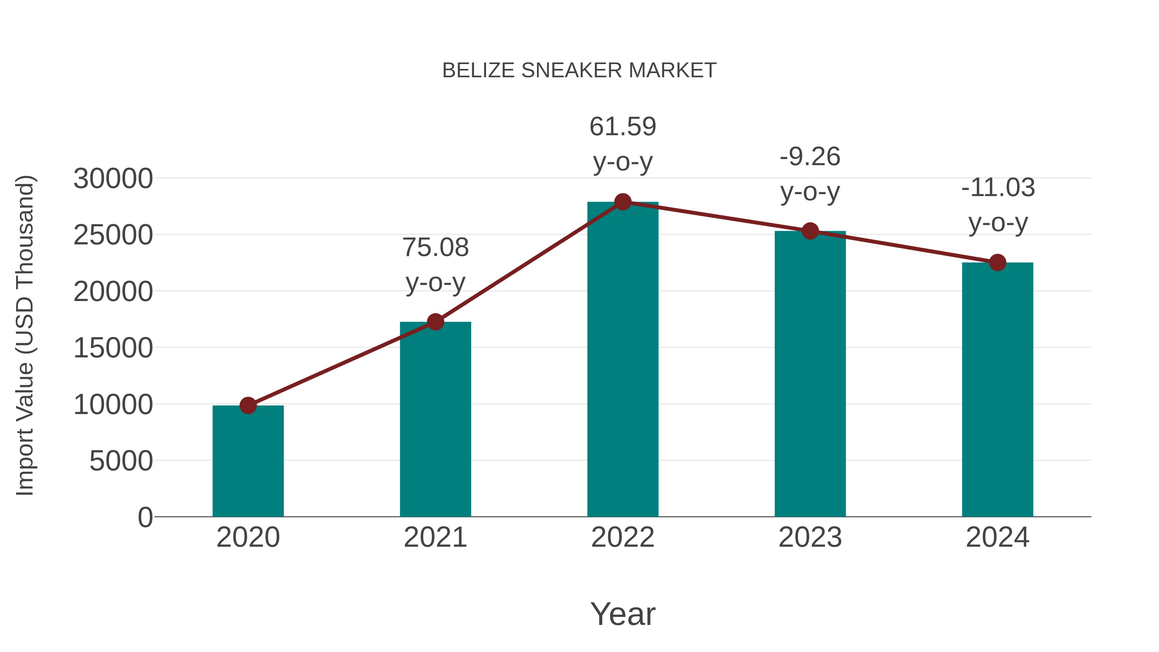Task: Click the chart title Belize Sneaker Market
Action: [x=579, y=71]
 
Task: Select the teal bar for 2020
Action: [x=248, y=461]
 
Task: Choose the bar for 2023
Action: [x=810, y=373]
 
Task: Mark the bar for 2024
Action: [x=997, y=389]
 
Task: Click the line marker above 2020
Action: [x=248, y=405]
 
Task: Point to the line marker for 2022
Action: [x=623, y=202]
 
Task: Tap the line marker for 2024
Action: [x=997, y=262]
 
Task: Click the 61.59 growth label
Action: [x=623, y=144]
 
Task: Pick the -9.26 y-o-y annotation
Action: [x=810, y=174]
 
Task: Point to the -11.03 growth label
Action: [x=997, y=205]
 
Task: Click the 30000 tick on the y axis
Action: [x=113, y=179]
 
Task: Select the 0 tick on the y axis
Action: [x=145, y=517]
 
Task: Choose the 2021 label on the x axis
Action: [x=435, y=537]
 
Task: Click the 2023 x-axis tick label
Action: [x=810, y=537]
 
